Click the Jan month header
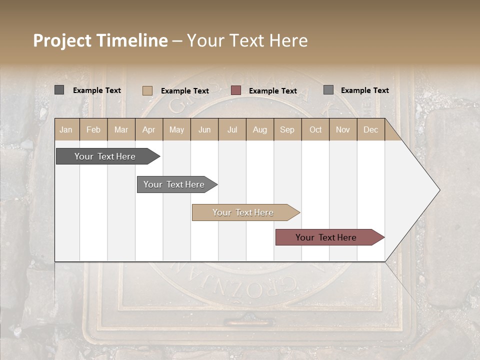[66, 129]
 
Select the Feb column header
[93, 129]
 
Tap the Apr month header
[148, 129]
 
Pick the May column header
[176, 129]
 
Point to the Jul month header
[232, 129]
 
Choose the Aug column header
[259, 129]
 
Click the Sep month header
[287, 129]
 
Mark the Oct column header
[315, 129]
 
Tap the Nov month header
[342, 129]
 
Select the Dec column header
[370, 129]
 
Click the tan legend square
[147, 90]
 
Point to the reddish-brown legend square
[236, 90]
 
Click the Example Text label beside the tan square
[185, 91]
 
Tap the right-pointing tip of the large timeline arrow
[438, 190]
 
